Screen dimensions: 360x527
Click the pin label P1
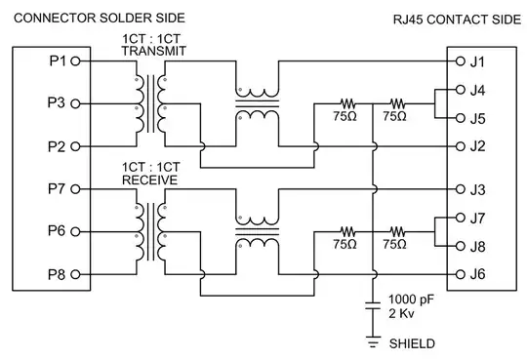57,61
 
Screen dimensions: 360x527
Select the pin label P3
57,101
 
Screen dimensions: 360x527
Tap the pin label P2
57,145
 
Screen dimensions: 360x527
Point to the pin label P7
57,187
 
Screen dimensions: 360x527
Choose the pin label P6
57,230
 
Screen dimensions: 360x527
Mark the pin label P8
57,274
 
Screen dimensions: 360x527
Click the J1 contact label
477,61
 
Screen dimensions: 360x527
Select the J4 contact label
477,90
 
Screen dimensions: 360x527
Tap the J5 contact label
477,118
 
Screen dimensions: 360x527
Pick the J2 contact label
477,146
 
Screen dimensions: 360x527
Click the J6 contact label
477,274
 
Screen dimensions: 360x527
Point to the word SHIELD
412,343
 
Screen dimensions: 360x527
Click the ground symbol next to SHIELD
373,340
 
